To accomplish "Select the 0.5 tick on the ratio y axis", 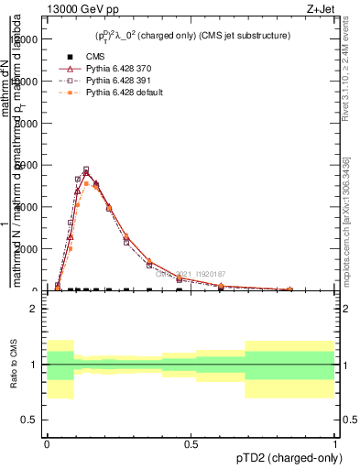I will tap(33, 420).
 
